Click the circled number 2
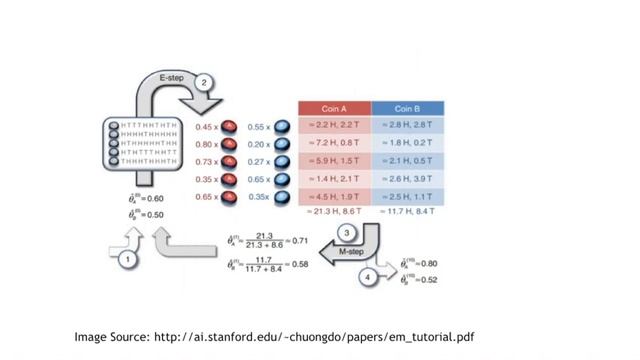coord(204,83)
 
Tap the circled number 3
coord(346,233)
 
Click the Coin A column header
coord(334,108)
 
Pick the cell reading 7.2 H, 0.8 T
coord(334,143)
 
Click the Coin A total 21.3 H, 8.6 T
coord(334,212)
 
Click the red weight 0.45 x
coord(206,127)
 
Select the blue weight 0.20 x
coord(258,144)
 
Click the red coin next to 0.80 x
coord(231,144)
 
